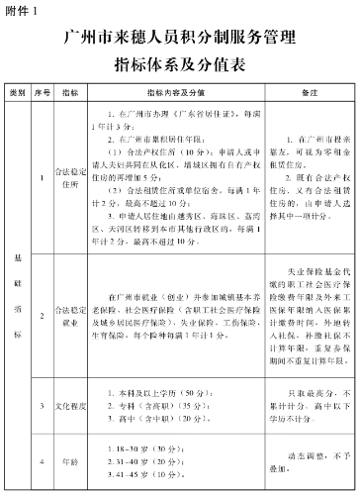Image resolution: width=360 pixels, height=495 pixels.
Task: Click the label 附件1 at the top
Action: click(22, 10)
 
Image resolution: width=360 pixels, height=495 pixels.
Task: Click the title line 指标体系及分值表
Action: click(179, 66)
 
